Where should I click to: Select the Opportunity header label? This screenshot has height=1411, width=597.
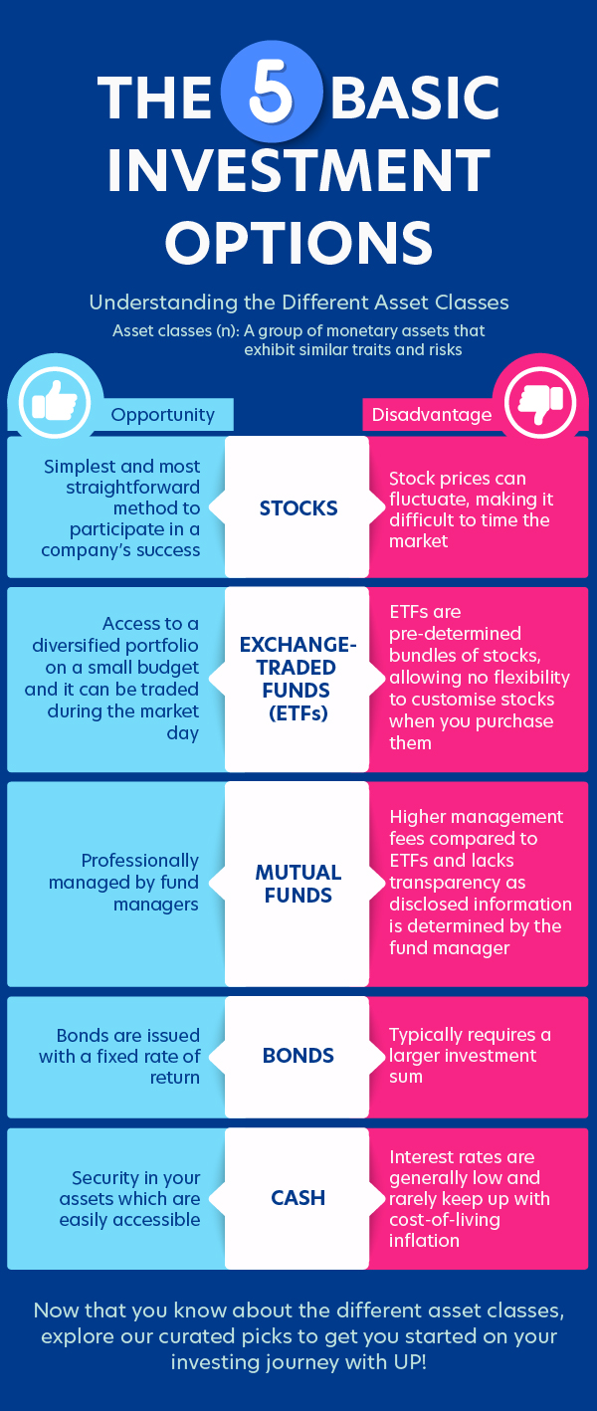pos(162,415)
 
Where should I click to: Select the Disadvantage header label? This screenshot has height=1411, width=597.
pos(432,415)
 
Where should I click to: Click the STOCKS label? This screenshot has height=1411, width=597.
pos(298,508)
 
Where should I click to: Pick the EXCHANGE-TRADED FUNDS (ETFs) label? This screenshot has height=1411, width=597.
pos(298,679)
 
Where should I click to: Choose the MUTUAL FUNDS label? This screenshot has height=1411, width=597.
pos(298,884)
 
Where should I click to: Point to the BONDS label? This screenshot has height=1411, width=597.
pos(298,1056)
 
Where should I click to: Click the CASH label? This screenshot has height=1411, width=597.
pos(298,1198)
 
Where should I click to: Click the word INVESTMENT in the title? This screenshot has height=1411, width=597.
pos(298,170)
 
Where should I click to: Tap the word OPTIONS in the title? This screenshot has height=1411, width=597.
pos(298,242)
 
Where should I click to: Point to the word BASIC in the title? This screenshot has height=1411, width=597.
pos(415,99)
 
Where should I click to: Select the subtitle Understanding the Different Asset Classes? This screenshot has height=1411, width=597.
pos(298,302)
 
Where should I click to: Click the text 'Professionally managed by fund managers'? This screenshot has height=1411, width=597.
pos(125,883)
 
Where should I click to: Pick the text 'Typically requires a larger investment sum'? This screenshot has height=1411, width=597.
pos(470,1056)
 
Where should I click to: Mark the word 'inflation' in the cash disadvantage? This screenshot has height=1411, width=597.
pos(424,1241)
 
